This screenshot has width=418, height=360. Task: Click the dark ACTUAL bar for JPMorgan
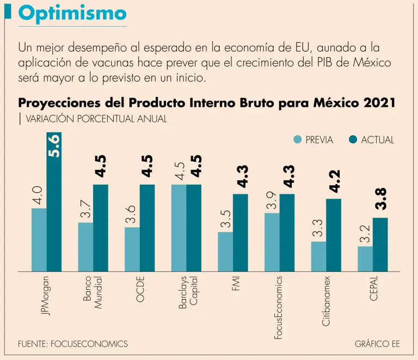pos(54,202)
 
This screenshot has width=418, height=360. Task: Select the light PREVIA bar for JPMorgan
pos(39,240)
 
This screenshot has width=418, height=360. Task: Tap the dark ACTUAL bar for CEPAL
pos(380,245)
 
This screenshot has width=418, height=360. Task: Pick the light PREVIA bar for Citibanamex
pos(318,257)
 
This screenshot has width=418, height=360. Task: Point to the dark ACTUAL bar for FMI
pos(241,233)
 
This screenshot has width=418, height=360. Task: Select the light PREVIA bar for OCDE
pos(132,249)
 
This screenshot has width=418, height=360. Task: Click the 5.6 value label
pos(54,146)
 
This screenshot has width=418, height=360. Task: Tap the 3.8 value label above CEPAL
pos(381,199)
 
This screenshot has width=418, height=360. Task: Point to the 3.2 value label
pos(365,233)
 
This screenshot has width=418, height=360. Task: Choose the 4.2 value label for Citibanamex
pos(334,181)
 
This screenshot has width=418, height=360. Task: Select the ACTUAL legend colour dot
pos(353,140)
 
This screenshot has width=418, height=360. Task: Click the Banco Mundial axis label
pos(93,295)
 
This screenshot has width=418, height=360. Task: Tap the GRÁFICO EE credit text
pos(377,344)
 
